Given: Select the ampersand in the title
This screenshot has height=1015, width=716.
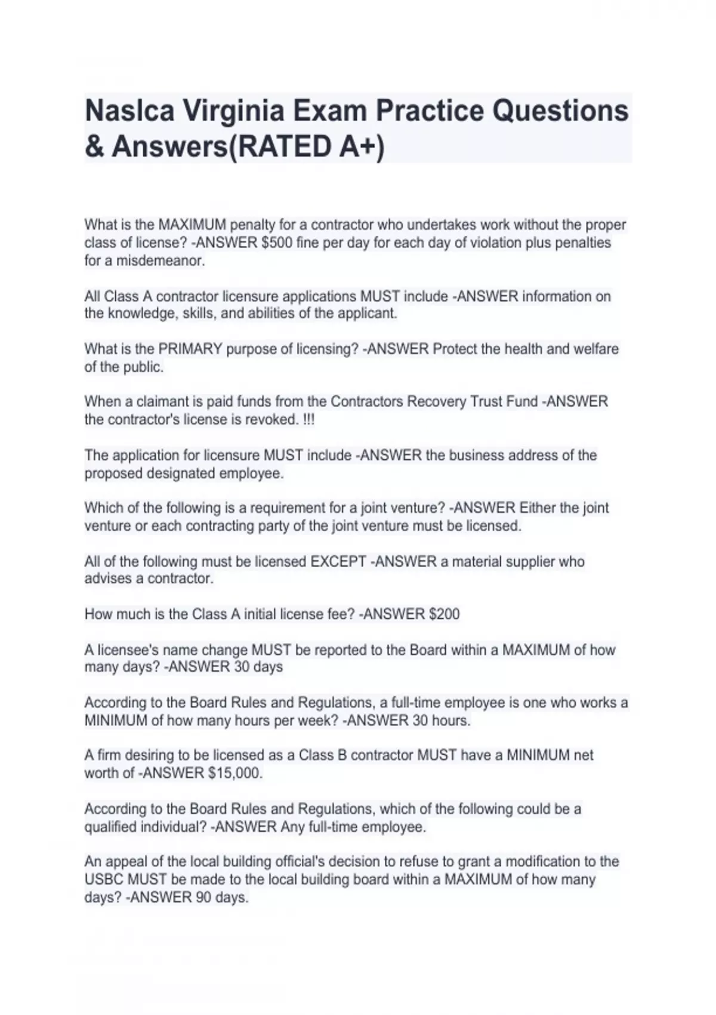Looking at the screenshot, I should tap(94, 147).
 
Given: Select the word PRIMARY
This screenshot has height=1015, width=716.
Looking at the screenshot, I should tap(190, 349).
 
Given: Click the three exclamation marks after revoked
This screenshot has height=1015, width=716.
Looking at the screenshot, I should tap(308, 420).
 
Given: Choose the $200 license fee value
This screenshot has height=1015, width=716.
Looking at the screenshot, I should tap(444, 614).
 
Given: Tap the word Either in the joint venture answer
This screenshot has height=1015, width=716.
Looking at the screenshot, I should tap(539, 508).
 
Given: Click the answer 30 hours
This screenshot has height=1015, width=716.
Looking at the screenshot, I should tap(441, 721).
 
